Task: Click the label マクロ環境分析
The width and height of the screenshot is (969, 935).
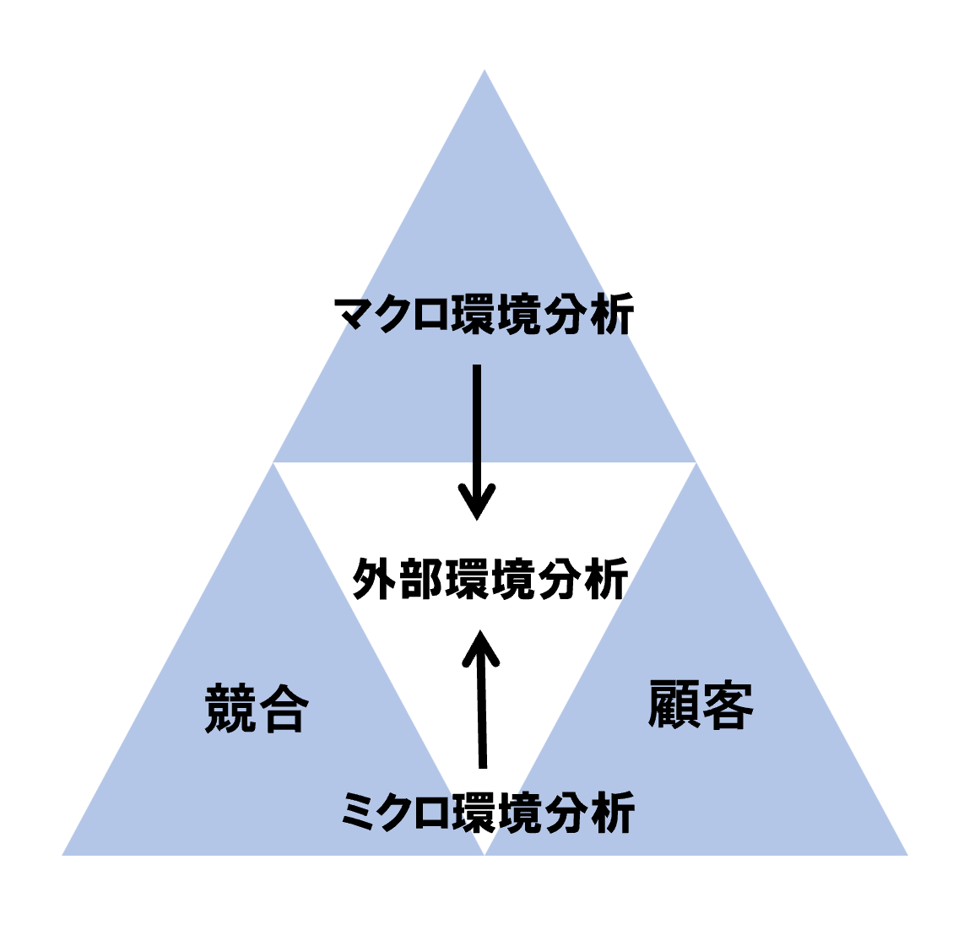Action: click(x=484, y=316)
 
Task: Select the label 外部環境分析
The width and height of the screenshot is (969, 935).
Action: click(x=490, y=579)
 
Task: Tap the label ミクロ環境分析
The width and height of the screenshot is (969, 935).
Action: click(x=488, y=813)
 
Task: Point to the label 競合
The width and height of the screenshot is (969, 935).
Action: click(x=256, y=709)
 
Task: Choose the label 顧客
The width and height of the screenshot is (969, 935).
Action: click(x=701, y=705)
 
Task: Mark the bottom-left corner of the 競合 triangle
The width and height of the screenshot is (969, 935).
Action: click(x=63, y=855)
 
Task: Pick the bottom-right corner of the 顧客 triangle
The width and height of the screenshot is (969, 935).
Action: click(x=907, y=855)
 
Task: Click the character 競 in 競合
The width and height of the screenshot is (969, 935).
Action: click(x=230, y=709)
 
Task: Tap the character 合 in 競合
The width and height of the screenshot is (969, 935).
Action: click(x=283, y=709)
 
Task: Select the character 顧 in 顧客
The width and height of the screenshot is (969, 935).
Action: click(x=674, y=705)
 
